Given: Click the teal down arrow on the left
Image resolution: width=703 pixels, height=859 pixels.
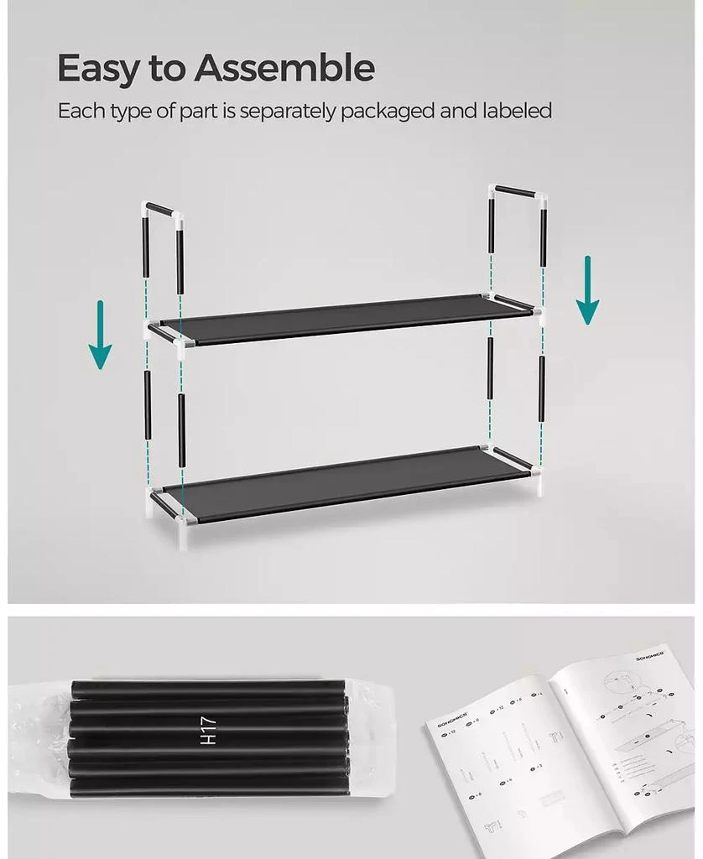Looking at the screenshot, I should [x=101, y=335].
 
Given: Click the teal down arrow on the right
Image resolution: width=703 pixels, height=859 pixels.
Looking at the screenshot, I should [x=587, y=290].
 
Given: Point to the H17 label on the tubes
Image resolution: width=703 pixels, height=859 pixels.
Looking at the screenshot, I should [x=209, y=730].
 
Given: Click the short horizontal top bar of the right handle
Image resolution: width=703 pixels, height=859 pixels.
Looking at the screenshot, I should [x=518, y=192].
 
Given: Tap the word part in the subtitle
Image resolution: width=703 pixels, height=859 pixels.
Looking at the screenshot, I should [x=199, y=111].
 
